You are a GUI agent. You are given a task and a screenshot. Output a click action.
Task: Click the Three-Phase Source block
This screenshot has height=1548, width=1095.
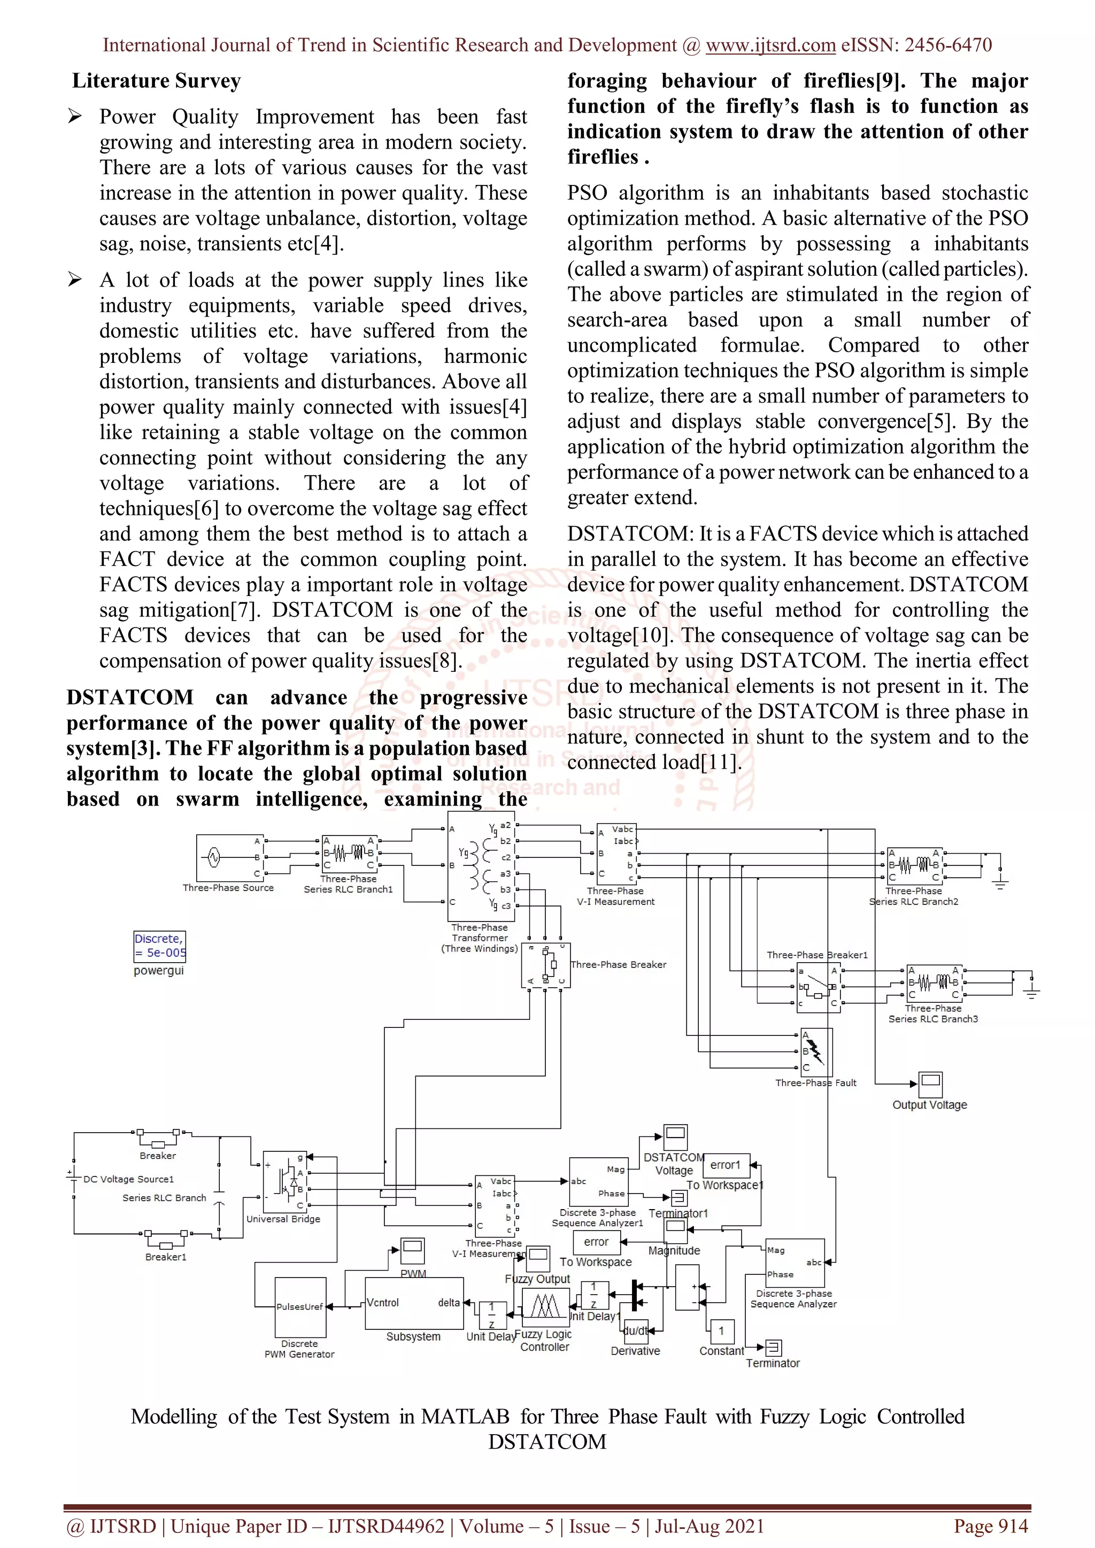point(229,857)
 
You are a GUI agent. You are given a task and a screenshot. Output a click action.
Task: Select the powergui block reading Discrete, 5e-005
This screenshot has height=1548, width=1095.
point(159,946)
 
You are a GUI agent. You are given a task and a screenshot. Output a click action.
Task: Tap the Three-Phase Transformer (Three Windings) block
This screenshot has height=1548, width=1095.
point(481,866)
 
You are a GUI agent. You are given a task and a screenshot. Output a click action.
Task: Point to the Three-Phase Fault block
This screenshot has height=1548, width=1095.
point(816,1052)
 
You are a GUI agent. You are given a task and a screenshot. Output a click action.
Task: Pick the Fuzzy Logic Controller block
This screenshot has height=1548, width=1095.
point(545,1307)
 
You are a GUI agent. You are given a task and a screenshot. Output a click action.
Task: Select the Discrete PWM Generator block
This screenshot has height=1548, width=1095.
point(300,1306)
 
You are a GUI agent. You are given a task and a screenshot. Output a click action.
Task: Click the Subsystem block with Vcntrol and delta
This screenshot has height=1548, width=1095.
point(413,1303)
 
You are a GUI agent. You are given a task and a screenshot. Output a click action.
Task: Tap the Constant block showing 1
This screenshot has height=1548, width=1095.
point(721,1331)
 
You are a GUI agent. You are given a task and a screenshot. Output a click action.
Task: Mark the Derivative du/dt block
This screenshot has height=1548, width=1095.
point(635,1331)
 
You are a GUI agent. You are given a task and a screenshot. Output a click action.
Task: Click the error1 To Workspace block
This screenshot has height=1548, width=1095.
point(726,1165)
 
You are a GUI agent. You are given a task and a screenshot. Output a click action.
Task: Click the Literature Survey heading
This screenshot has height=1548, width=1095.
point(157,81)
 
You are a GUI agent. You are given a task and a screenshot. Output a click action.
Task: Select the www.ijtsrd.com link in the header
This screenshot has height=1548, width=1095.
point(770,45)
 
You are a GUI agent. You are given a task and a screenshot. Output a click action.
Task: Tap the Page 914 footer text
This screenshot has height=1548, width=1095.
point(991,1526)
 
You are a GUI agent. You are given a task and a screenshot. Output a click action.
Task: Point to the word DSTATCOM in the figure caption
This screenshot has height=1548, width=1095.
point(547,1442)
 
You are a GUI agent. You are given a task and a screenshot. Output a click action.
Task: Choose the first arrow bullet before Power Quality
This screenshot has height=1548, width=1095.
point(75,117)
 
